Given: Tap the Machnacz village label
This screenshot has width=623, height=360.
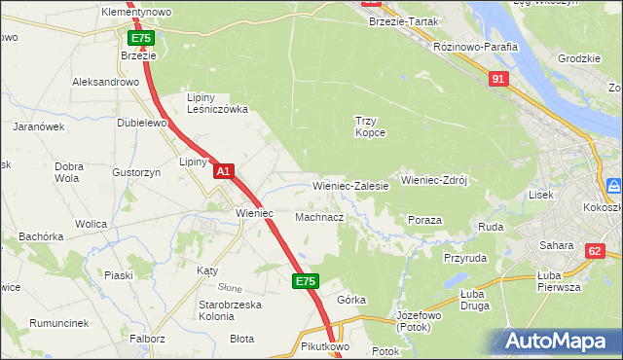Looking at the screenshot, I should pyautogui.click(x=319, y=217).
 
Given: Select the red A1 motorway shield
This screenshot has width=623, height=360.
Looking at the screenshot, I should pyautogui.click(x=223, y=171).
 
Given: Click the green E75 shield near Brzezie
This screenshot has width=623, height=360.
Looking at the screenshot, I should pyautogui.click(x=141, y=38).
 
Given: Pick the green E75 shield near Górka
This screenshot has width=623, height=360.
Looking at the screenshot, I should pyautogui.click(x=305, y=281).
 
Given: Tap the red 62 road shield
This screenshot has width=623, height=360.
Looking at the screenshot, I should pyautogui.click(x=595, y=251).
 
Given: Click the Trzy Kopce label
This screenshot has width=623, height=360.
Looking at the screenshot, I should pyautogui.click(x=370, y=126).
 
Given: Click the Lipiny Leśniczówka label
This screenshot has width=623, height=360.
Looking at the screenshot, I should pyautogui.click(x=216, y=103).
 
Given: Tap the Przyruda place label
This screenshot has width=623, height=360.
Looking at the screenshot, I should pyautogui.click(x=464, y=258).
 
